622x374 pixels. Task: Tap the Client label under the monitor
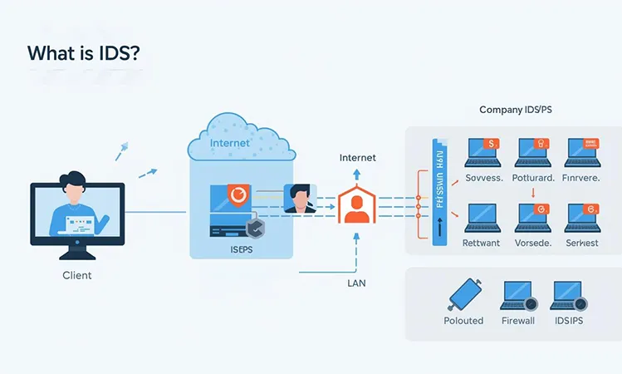tap(76, 274)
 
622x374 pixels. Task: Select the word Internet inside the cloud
tap(230, 144)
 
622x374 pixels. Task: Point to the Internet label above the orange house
tap(357, 157)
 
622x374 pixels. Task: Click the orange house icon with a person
tap(356, 204)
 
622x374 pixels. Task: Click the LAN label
tap(356, 283)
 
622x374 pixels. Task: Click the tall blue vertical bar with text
tap(433, 195)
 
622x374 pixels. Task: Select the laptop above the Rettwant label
tap(480, 218)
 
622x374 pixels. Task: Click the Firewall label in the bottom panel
tap(518, 320)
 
